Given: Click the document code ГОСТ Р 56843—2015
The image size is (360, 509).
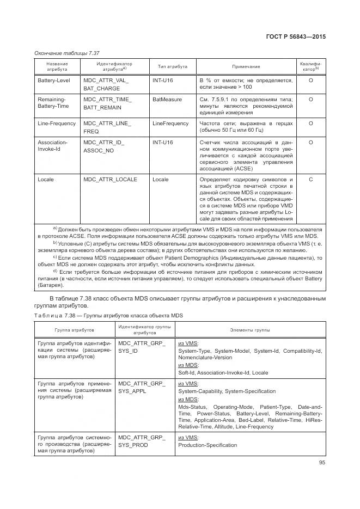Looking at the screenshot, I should click(x=296, y=37).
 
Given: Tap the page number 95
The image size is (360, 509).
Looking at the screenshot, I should click(x=322, y=463).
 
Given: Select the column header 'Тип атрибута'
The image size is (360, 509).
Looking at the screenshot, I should click(x=173, y=66).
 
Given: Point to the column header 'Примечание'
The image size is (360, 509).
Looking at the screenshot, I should click(x=246, y=66).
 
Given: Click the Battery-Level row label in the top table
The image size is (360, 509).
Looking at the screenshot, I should click(x=53, y=81).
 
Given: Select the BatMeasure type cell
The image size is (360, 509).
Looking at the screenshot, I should click(x=167, y=100).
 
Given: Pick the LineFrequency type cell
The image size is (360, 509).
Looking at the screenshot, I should click(x=170, y=124).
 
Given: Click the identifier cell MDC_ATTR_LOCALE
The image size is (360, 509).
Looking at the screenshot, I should click(x=110, y=179).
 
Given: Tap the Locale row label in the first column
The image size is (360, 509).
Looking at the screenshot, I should click(x=46, y=179).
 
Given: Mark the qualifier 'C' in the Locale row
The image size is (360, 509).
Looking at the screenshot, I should click(x=310, y=179).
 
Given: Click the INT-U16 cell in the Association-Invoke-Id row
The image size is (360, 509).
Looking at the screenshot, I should click(x=163, y=143).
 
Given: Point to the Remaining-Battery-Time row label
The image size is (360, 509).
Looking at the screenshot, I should click(x=52, y=103).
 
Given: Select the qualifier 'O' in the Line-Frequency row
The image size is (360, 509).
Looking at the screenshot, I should click(x=310, y=124).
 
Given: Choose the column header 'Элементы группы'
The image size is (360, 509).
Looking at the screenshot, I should click(x=250, y=330).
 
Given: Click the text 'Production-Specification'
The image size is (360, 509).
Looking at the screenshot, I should click(x=208, y=445).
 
